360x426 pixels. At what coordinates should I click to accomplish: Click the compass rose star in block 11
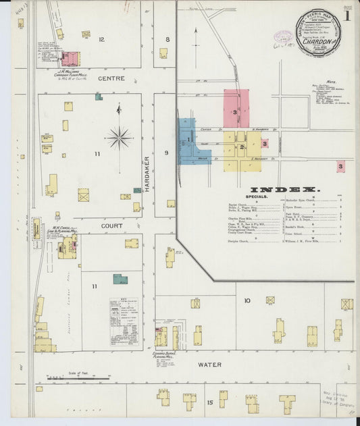click(x=119, y=137)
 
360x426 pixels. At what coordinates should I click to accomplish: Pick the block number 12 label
click(x=101, y=39)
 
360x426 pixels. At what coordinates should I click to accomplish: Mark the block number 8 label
click(x=167, y=39)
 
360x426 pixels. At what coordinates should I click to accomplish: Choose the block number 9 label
click(x=166, y=153)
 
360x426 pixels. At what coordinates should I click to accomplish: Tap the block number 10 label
click(x=247, y=300)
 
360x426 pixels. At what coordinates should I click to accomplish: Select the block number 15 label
click(x=210, y=403)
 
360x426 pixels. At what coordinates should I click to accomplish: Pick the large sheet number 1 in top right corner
click(x=346, y=15)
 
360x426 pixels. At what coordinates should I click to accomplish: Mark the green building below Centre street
click(x=99, y=97)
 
